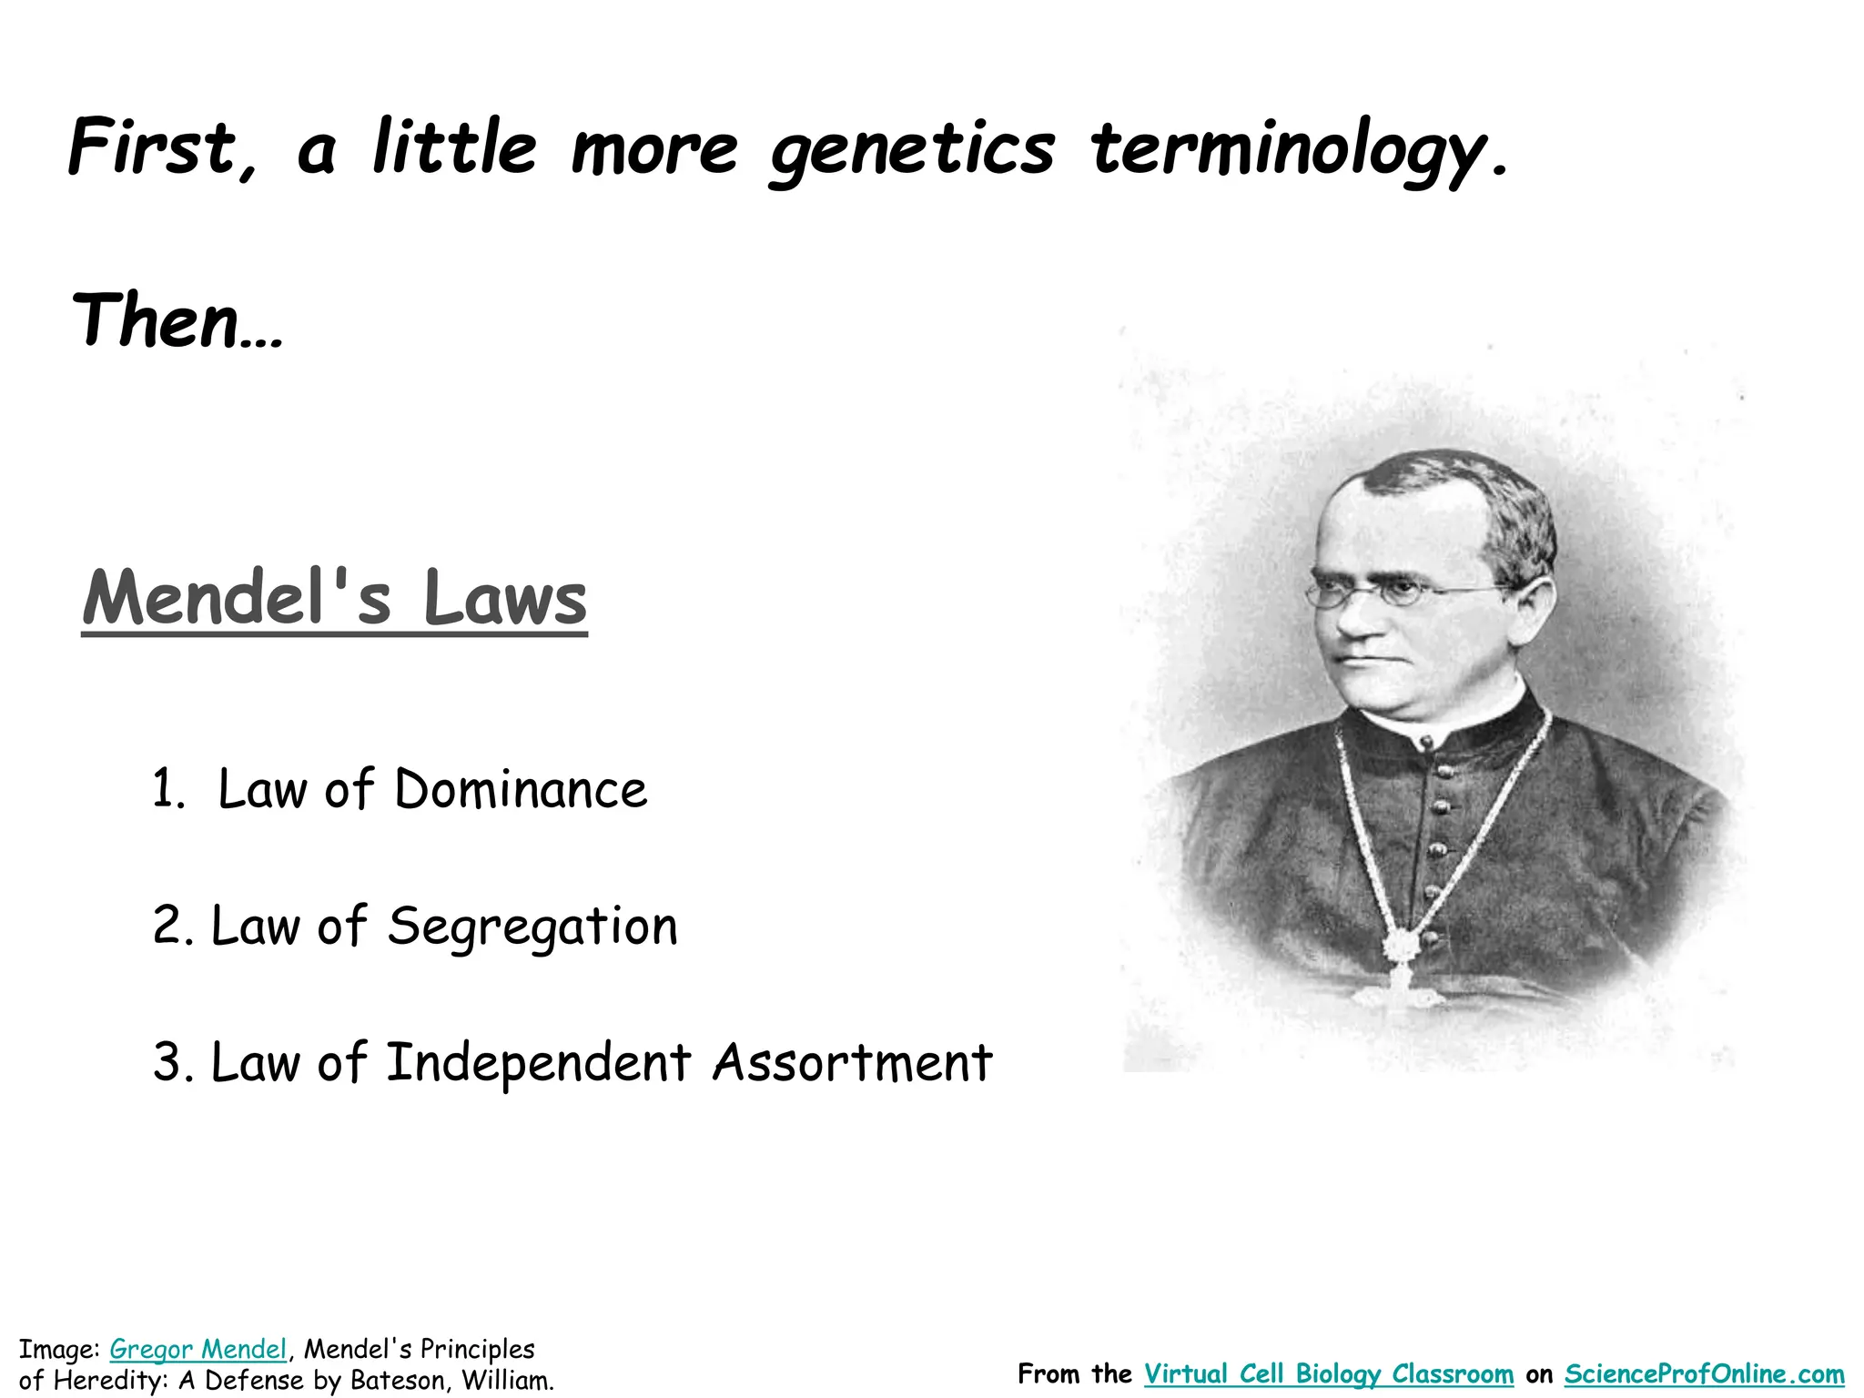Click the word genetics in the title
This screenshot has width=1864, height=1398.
pos(911,149)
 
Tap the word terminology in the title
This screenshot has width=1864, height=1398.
pos(1298,149)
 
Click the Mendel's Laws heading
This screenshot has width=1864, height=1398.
pos(335,598)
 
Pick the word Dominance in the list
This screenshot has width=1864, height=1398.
pos(521,789)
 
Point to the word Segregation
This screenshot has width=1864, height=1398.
pos(532,927)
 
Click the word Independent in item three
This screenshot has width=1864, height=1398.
pos(538,1063)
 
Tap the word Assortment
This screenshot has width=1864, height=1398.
pos(852,1063)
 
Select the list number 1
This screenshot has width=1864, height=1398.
pos(167,789)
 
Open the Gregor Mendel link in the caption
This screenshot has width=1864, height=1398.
pos(198,1349)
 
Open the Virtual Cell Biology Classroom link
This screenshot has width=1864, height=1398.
pos(1329,1374)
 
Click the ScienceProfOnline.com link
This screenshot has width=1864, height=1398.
pos(1704,1374)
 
